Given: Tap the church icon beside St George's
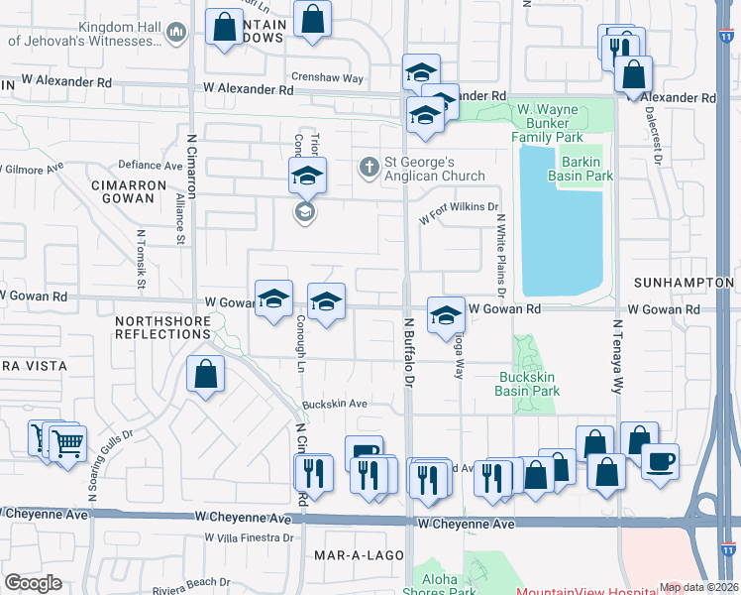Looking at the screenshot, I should coord(370,167).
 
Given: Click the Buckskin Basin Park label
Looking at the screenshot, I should coord(527,384).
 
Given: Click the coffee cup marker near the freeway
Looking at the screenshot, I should coord(660,461).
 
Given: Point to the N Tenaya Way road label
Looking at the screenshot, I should coord(617,351).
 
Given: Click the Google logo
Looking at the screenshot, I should coord(33,583).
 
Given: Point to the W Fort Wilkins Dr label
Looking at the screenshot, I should coord(457,211).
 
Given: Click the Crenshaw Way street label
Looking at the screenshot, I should coord(327,77).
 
